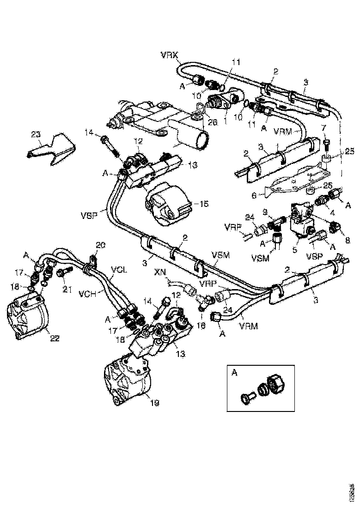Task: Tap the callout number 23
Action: pyautogui.click(x=36, y=134)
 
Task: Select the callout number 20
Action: pyautogui.click(x=101, y=244)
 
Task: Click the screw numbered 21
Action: pyautogui.click(x=62, y=273)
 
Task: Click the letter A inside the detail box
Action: pyautogui.click(x=235, y=373)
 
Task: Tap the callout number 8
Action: pyautogui.click(x=348, y=240)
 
